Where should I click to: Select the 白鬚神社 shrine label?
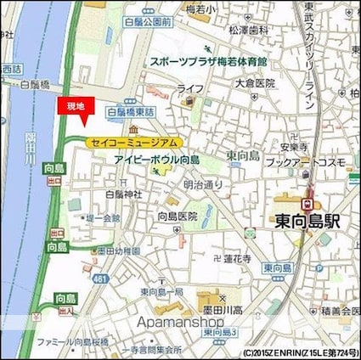click(124, 194)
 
